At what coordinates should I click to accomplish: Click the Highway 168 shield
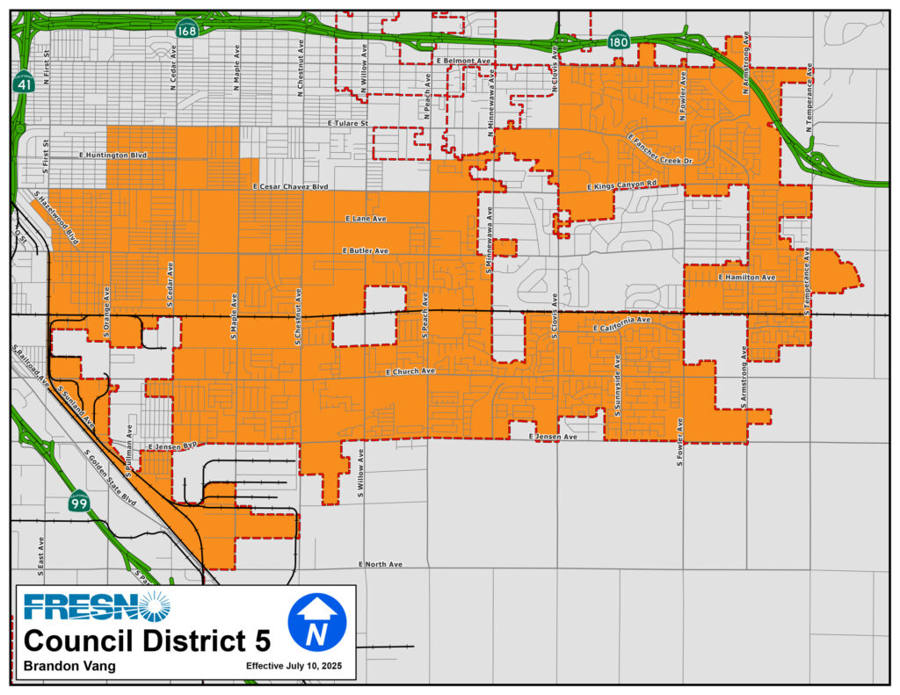186,29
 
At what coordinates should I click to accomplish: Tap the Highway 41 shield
24,83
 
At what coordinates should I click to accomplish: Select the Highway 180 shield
618,40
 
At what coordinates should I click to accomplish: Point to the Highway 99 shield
79,503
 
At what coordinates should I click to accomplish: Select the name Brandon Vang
69,666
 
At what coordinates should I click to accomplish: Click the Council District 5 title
142,640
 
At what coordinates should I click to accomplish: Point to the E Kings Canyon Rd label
621,185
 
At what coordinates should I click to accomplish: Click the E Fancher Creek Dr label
661,149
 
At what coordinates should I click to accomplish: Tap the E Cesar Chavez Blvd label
289,187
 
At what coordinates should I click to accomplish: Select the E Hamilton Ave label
747,278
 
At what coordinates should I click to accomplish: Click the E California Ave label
621,324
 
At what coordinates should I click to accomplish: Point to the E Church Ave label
410,372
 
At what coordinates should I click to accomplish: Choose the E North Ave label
381,564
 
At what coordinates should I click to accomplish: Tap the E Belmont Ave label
463,61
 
